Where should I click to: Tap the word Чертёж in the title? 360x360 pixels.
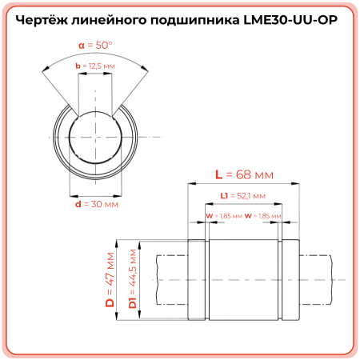click(x=48, y=22)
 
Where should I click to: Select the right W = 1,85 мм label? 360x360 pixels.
click(x=263, y=215)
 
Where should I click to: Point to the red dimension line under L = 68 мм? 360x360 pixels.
click(x=245, y=183)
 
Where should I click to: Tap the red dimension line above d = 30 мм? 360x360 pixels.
click(x=95, y=194)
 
